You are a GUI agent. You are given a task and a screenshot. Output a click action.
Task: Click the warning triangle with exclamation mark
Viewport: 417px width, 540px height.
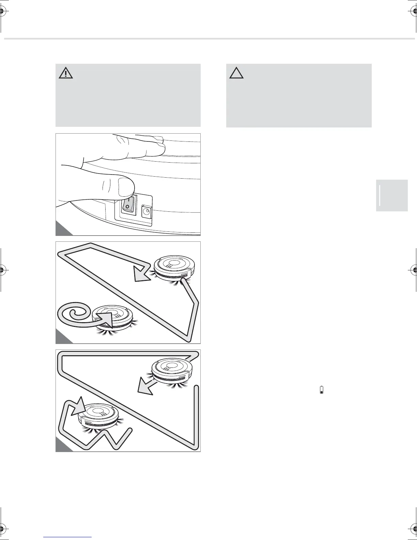point(66,73)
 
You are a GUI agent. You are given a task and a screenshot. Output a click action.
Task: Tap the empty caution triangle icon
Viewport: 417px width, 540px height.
point(236,73)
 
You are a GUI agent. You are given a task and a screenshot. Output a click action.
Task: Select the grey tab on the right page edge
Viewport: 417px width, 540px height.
point(392,195)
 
